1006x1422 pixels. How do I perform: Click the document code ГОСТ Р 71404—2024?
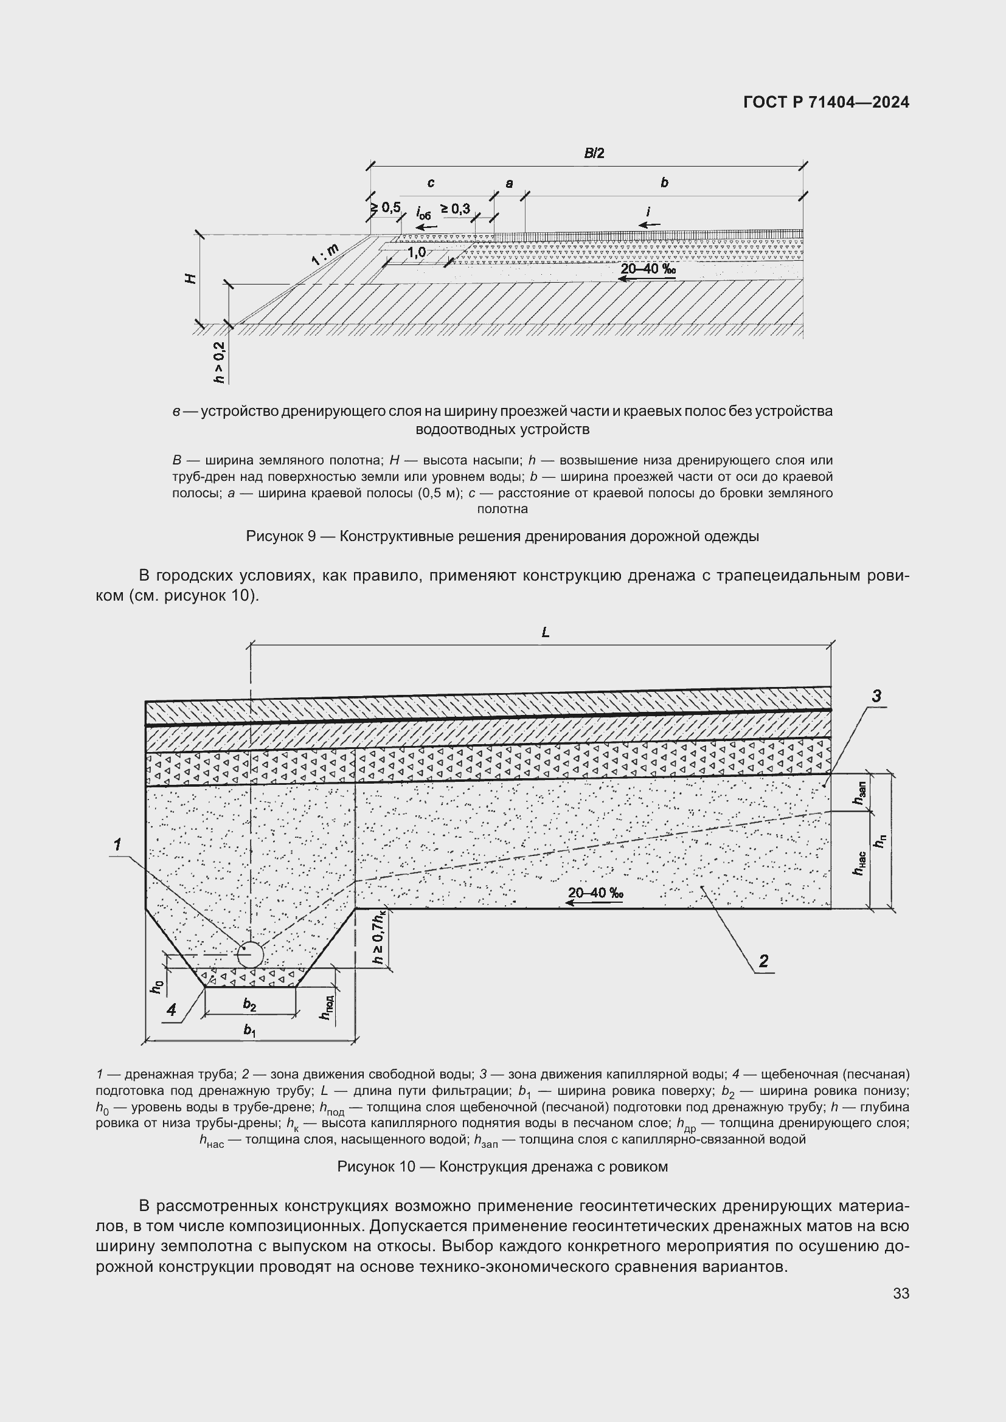pos(826,103)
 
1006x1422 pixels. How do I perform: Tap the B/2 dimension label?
pos(594,153)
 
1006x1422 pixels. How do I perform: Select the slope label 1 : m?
pos(325,255)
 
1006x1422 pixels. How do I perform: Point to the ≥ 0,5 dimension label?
pos(386,207)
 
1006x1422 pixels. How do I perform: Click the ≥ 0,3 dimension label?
pos(456,209)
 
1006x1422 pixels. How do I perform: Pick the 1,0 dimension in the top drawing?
pos(416,252)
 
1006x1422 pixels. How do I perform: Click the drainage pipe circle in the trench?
pos(249,955)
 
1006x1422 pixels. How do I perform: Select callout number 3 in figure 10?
pos(876,696)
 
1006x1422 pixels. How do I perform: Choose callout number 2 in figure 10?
pos(763,961)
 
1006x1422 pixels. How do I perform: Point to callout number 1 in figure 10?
pos(116,845)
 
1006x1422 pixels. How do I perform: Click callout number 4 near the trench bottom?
pos(172,1010)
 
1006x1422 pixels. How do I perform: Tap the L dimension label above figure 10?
pos(545,632)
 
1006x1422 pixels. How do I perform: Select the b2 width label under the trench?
pos(249,1005)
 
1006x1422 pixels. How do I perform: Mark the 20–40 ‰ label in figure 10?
pos(595,892)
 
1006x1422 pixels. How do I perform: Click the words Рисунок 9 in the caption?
pos(281,536)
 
